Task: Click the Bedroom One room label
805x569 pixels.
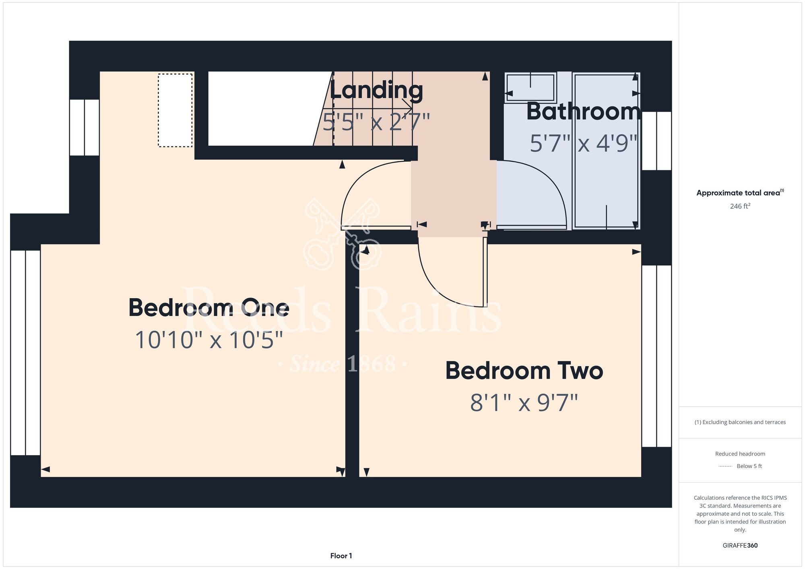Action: [x=208, y=308]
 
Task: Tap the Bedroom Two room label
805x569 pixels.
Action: [x=524, y=371]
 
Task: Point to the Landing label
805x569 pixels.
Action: [x=376, y=91]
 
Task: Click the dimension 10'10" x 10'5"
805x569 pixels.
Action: [x=208, y=340]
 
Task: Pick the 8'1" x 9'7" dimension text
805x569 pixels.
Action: [x=524, y=402]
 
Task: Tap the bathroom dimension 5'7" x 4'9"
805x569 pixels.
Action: [x=584, y=143]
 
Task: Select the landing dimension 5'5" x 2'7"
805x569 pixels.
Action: [x=376, y=122]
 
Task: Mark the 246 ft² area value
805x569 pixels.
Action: [x=740, y=206]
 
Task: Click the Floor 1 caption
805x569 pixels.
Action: [x=341, y=556]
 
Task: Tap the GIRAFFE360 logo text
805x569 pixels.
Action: [x=740, y=546]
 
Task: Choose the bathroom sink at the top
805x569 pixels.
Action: [x=530, y=87]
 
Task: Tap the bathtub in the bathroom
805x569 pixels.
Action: [x=606, y=151]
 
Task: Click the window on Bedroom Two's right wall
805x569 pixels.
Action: [x=656, y=356]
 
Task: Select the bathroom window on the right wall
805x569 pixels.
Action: [x=656, y=141]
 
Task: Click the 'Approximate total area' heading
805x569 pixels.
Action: [x=740, y=193]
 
